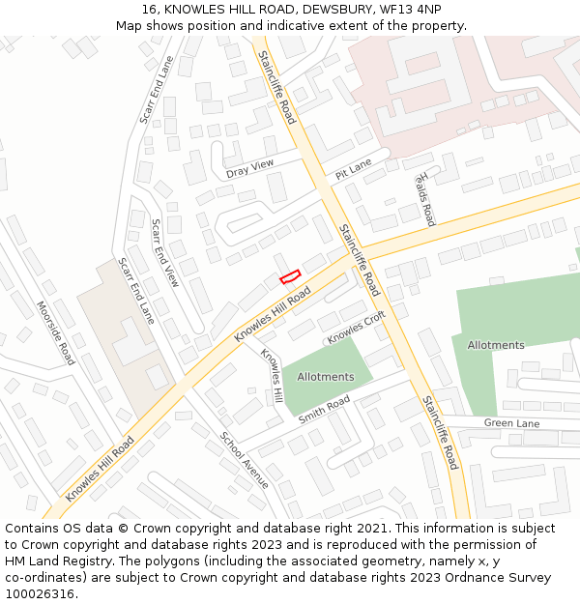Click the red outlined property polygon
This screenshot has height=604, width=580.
click(x=290, y=276)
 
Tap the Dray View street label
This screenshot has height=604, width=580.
click(x=249, y=168)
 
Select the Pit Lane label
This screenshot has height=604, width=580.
click(x=353, y=169)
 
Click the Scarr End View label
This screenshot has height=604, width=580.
click(x=164, y=253)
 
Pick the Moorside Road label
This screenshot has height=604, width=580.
click(x=55, y=332)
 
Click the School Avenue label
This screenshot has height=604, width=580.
click(x=244, y=459)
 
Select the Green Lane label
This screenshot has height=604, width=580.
click(x=511, y=422)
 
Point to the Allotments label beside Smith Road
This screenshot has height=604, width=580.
click(x=325, y=376)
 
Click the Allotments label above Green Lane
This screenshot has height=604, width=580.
click(x=495, y=345)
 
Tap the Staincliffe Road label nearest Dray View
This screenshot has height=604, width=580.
click(x=276, y=87)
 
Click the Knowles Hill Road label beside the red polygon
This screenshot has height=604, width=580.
click(x=274, y=316)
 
